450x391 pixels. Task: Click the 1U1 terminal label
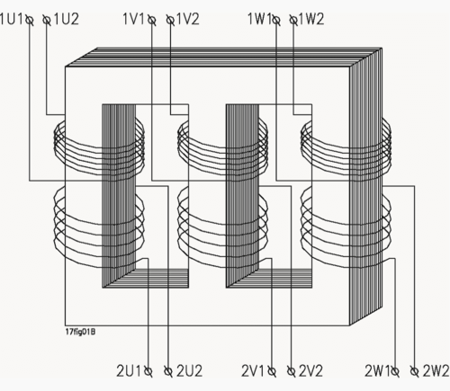12,18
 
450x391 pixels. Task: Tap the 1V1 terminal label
135,18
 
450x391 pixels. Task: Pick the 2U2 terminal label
190,370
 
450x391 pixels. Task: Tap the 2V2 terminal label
312,370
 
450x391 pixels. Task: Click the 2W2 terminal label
436,370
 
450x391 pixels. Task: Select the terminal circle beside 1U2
45,18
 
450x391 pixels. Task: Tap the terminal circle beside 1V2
170,18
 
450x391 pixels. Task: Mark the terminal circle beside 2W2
413,369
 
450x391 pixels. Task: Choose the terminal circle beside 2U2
169,369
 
